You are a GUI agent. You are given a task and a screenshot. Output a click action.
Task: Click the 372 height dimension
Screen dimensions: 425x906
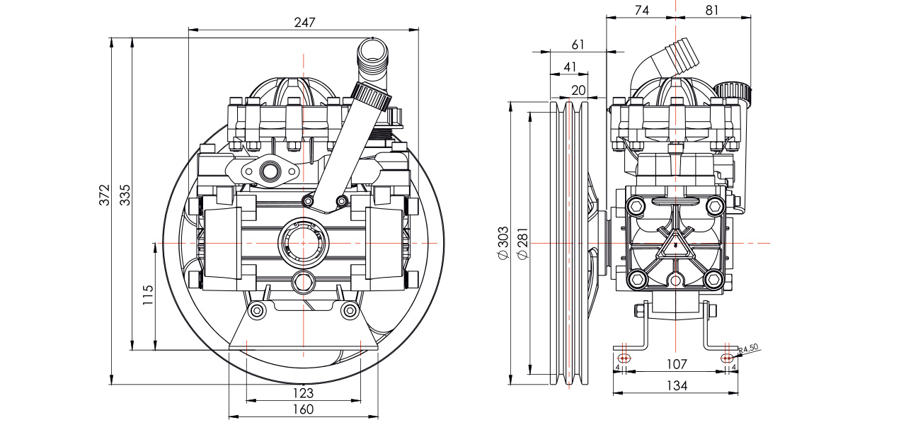coord(105,194)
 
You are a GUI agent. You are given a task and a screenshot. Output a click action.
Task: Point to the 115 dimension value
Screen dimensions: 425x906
coord(147,295)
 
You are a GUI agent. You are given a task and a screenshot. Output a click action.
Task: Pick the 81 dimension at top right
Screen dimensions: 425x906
coord(712,10)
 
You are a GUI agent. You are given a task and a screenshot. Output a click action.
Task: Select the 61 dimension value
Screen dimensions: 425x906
coord(578,44)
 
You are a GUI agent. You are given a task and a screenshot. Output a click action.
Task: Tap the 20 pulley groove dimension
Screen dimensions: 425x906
coord(578,89)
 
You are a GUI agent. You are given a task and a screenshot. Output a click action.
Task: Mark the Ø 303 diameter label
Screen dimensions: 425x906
coord(503,243)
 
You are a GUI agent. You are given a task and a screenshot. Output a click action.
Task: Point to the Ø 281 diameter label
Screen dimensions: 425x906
coord(523,243)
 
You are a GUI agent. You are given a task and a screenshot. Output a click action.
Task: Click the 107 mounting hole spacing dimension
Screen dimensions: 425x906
coord(676,364)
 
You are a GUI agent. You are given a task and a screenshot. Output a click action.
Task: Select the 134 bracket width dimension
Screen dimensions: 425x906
coord(676,386)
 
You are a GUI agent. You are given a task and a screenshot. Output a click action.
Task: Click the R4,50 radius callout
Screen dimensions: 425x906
coord(749,348)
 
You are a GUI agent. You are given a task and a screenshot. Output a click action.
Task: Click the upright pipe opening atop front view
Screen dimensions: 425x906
coord(373,52)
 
